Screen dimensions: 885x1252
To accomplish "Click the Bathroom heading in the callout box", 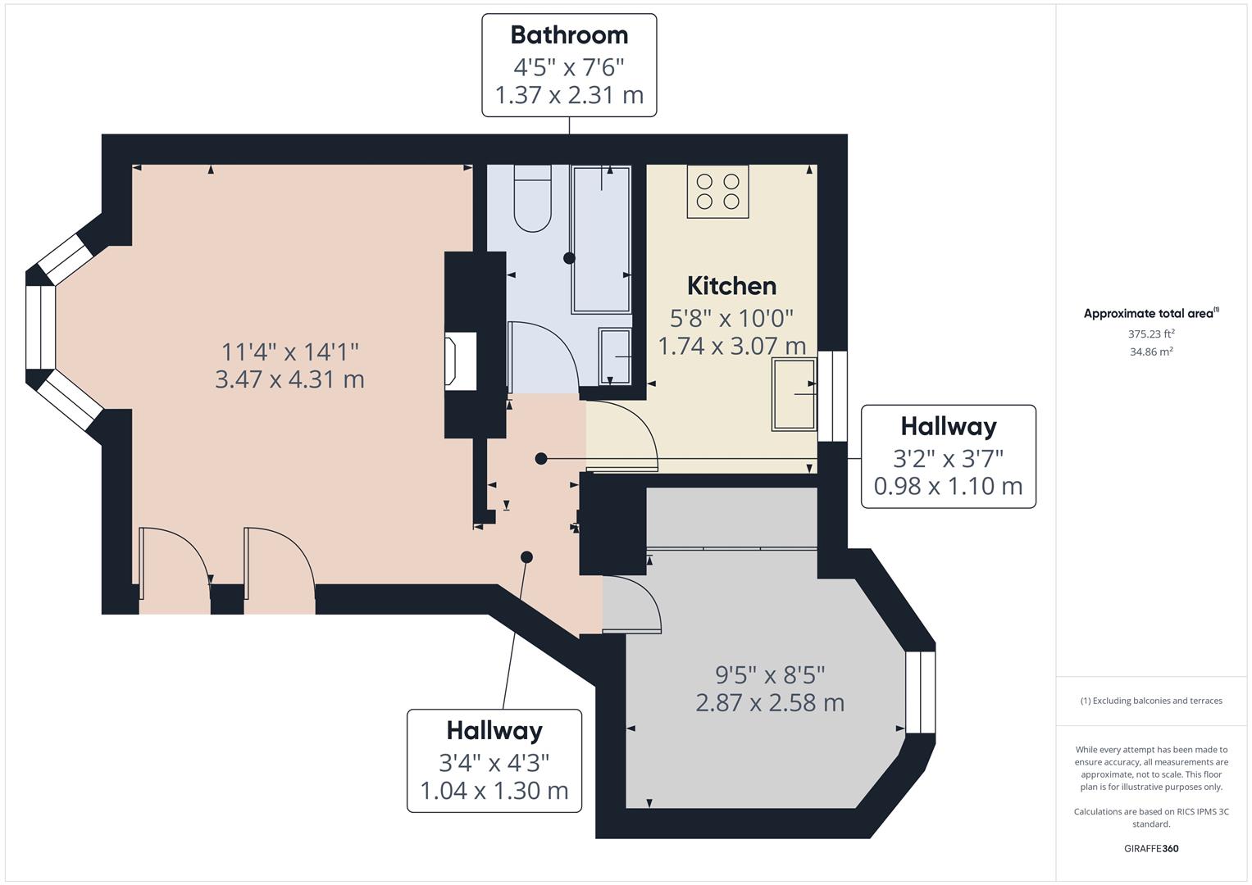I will click(x=569, y=35).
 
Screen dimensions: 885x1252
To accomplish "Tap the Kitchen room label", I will click(x=731, y=286).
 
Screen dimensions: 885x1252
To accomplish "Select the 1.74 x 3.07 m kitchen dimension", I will click(x=731, y=346).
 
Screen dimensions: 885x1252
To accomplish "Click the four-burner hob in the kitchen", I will click(x=717, y=191).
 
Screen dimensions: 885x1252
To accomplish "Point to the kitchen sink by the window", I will click(x=794, y=394).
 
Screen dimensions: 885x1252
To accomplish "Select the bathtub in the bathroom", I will click(x=601, y=238).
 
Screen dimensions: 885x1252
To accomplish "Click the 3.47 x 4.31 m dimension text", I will click(x=289, y=379).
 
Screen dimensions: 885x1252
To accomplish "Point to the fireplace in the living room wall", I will click(x=461, y=361).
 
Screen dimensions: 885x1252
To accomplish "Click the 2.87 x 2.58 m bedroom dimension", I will click(x=770, y=703).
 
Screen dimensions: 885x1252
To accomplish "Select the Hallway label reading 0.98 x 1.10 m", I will click(x=948, y=456).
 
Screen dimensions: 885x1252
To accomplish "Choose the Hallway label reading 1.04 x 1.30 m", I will click(x=494, y=760).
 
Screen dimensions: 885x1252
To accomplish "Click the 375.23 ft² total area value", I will click(x=1151, y=334).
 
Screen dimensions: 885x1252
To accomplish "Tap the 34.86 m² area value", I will click(x=1151, y=352).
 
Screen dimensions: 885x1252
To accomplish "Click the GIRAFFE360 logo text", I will click(x=1151, y=848).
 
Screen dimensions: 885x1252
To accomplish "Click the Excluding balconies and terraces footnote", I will click(x=1151, y=701).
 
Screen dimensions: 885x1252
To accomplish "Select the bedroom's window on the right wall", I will click(x=920, y=692).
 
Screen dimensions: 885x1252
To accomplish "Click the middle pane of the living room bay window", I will click(x=39, y=328).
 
